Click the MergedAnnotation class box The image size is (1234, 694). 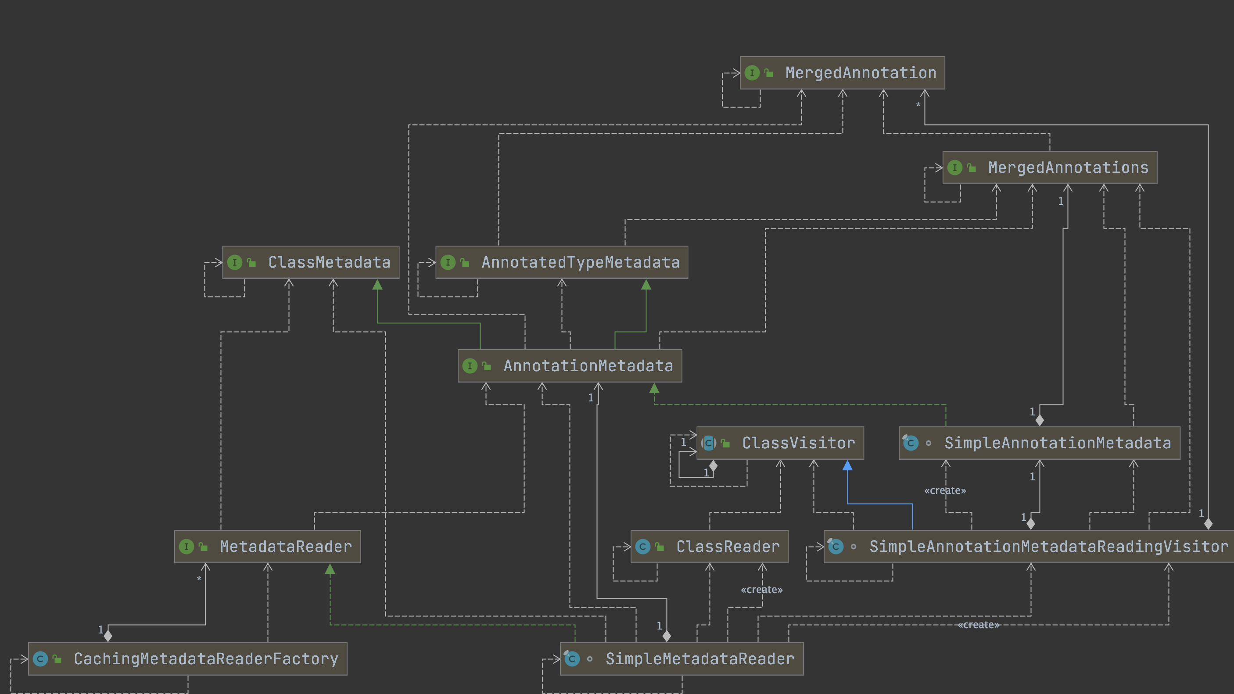[x=842, y=73]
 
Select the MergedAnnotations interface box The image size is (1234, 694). [x=1050, y=168]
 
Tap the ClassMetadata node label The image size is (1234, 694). [x=329, y=262]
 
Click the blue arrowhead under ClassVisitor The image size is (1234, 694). [x=847, y=465]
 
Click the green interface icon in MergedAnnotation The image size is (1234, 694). [x=752, y=73]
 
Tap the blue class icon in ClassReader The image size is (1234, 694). [x=643, y=547]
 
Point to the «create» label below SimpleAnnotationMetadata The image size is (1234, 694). [x=945, y=490]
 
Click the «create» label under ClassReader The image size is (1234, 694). [x=761, y=590]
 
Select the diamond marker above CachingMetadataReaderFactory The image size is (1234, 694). [x=108, y=636]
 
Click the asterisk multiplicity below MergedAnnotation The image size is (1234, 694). [x=918, y=105]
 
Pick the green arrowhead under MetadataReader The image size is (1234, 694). [x=330, y=569]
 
